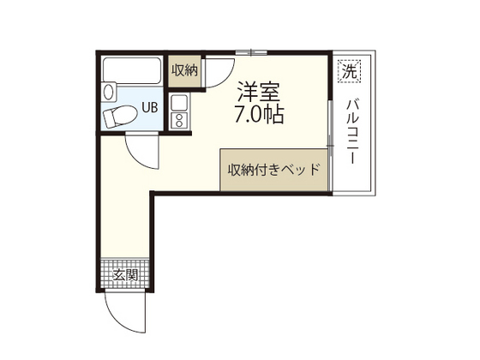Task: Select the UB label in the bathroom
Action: point(149,108)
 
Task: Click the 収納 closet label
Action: point(183,69)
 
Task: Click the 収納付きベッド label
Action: point(273,169)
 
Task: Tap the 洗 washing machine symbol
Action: point(349,71)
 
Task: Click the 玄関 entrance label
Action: point(125,275)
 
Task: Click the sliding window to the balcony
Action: point(330,137)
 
